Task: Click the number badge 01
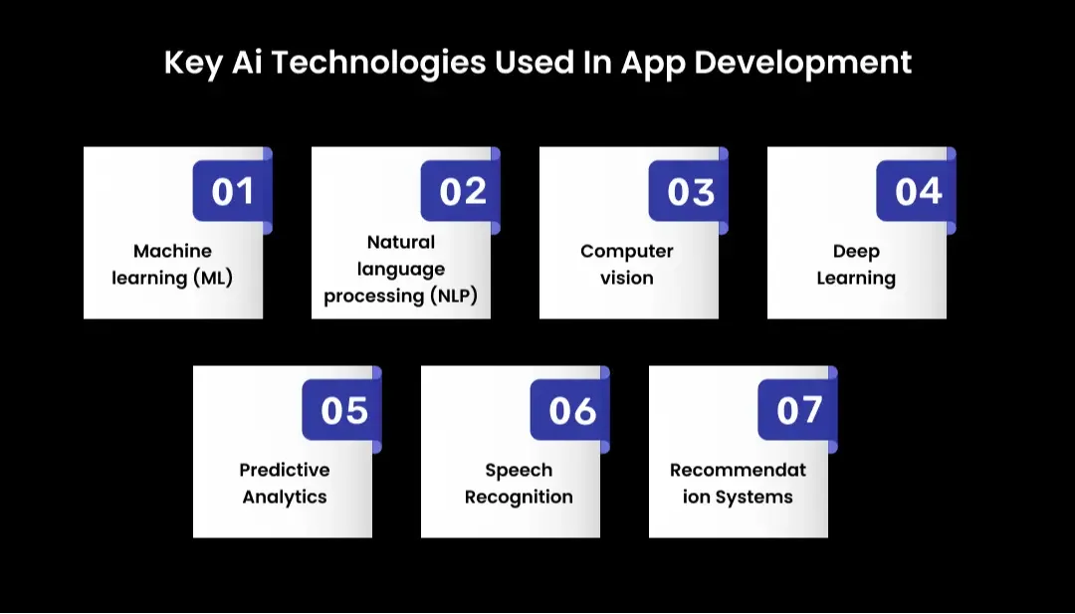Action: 232,191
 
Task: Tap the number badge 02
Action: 461,191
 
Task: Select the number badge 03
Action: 690,191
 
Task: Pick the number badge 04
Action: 917,191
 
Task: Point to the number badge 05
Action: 342,410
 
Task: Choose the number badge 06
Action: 570,410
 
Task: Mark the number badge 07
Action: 798,410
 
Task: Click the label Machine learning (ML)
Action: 172,265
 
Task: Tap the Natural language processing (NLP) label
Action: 400,269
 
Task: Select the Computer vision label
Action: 627,265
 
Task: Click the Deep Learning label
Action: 856,265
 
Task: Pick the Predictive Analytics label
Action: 284,483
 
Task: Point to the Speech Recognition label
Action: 519,483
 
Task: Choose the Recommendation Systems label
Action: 738,483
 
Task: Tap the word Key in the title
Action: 193,63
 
